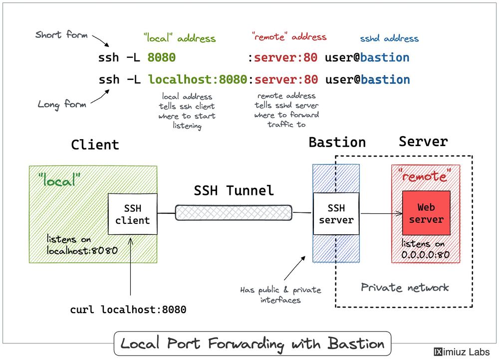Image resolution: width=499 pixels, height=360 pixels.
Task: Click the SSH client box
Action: click(x=133, y=214)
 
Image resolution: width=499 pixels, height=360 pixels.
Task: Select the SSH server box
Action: click(x=336, y=214)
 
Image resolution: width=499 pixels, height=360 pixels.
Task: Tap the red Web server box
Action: click(x=426, y=213)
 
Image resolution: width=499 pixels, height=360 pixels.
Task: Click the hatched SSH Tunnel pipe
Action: click(x=233, y=212)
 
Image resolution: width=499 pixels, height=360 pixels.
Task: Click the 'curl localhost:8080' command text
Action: click(x=128, y=310)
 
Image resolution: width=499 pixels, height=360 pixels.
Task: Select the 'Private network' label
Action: click(x=405, y=287)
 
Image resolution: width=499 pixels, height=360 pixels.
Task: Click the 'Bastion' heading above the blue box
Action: click(x=337, y=143)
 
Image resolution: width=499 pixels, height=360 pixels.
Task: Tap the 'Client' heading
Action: click(x=95, y=145)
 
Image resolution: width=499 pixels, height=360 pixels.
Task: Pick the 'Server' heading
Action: click(x=423, y=142)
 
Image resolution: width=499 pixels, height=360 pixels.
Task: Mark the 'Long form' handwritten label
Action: click(x=62, y=104)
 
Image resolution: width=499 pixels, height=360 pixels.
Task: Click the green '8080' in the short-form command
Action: click(x=162, y=58)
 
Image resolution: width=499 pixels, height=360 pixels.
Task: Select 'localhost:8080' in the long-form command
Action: click(x=198, y=80)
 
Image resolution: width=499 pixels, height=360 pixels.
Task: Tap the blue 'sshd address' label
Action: click(x=389, y=38)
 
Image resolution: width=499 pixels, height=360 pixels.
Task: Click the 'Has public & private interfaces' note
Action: click(x=280, y=295)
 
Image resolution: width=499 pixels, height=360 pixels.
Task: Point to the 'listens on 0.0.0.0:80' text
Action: click(x=426, y=249)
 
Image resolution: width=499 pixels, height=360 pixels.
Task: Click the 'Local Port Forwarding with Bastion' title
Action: click(x=252, y=344)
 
